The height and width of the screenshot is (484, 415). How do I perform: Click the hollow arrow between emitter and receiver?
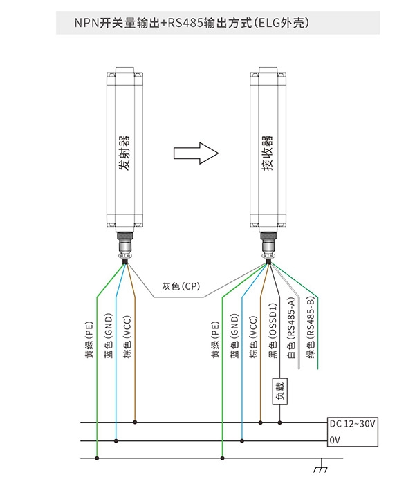tap(196, 153)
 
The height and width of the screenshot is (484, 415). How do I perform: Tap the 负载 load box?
tap(279, 391)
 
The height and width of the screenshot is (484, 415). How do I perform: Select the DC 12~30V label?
tap(352, 423)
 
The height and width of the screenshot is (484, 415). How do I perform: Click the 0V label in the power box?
tap(335, 440)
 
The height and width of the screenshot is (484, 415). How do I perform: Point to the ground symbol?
tap(320, 466)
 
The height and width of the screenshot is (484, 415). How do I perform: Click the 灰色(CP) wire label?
tap(181, 286)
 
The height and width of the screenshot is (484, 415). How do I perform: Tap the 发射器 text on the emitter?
tap(124, 153)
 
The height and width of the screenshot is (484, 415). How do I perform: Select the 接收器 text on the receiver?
tap(268, 153)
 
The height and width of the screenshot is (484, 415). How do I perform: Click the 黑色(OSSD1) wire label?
tap(273, 331)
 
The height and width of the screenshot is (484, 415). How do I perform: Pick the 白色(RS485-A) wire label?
tap(291, 328)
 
